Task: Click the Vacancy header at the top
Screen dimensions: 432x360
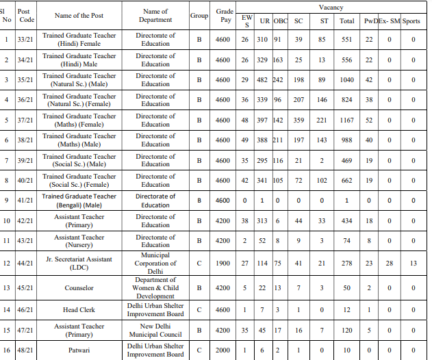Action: tap(331, 7)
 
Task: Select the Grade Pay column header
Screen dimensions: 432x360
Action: tap(224, 16)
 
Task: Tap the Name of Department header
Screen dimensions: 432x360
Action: tap(155, 16)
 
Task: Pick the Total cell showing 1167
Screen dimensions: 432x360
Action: tap(346, 120)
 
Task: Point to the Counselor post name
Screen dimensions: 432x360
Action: tap(79, 288)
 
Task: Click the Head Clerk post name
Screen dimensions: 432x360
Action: tap(79, 310)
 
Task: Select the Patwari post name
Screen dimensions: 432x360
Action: tap(79, 350)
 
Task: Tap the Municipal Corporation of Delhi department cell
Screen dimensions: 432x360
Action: tap(155, 263)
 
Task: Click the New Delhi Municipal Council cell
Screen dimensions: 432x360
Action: tap(155, 330)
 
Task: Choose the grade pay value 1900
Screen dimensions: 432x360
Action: tap(223, 263)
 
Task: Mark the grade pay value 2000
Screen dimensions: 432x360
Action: tap(223, 350)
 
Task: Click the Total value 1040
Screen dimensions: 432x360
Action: tap(346, 80)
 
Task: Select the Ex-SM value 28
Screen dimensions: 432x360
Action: tap(389, 263)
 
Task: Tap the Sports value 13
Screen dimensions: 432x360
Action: tap(413, 263)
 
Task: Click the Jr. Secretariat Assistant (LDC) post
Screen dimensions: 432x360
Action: tap(79, 263)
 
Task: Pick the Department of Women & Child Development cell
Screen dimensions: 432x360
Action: tap(155, 288)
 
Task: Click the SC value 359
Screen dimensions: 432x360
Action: tap(298, 120)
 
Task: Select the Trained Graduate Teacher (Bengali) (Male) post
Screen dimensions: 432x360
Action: tap(79, 201)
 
